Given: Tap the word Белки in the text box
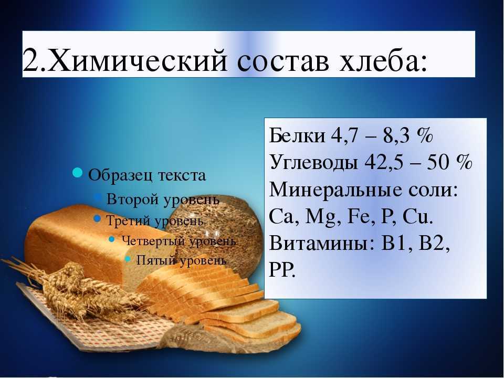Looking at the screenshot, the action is tap(297, 135).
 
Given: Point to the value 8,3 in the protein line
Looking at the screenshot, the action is tap(396, 135).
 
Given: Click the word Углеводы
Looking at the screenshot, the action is tap(313, 162).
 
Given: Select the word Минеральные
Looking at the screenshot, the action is tap(336, 190).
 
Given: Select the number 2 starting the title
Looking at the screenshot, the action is tap(31, 59).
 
